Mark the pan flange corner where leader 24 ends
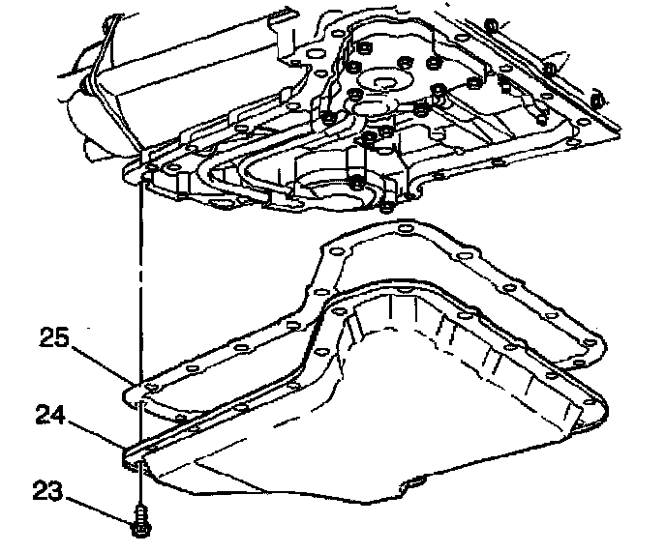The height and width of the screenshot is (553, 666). click(129, 451)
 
